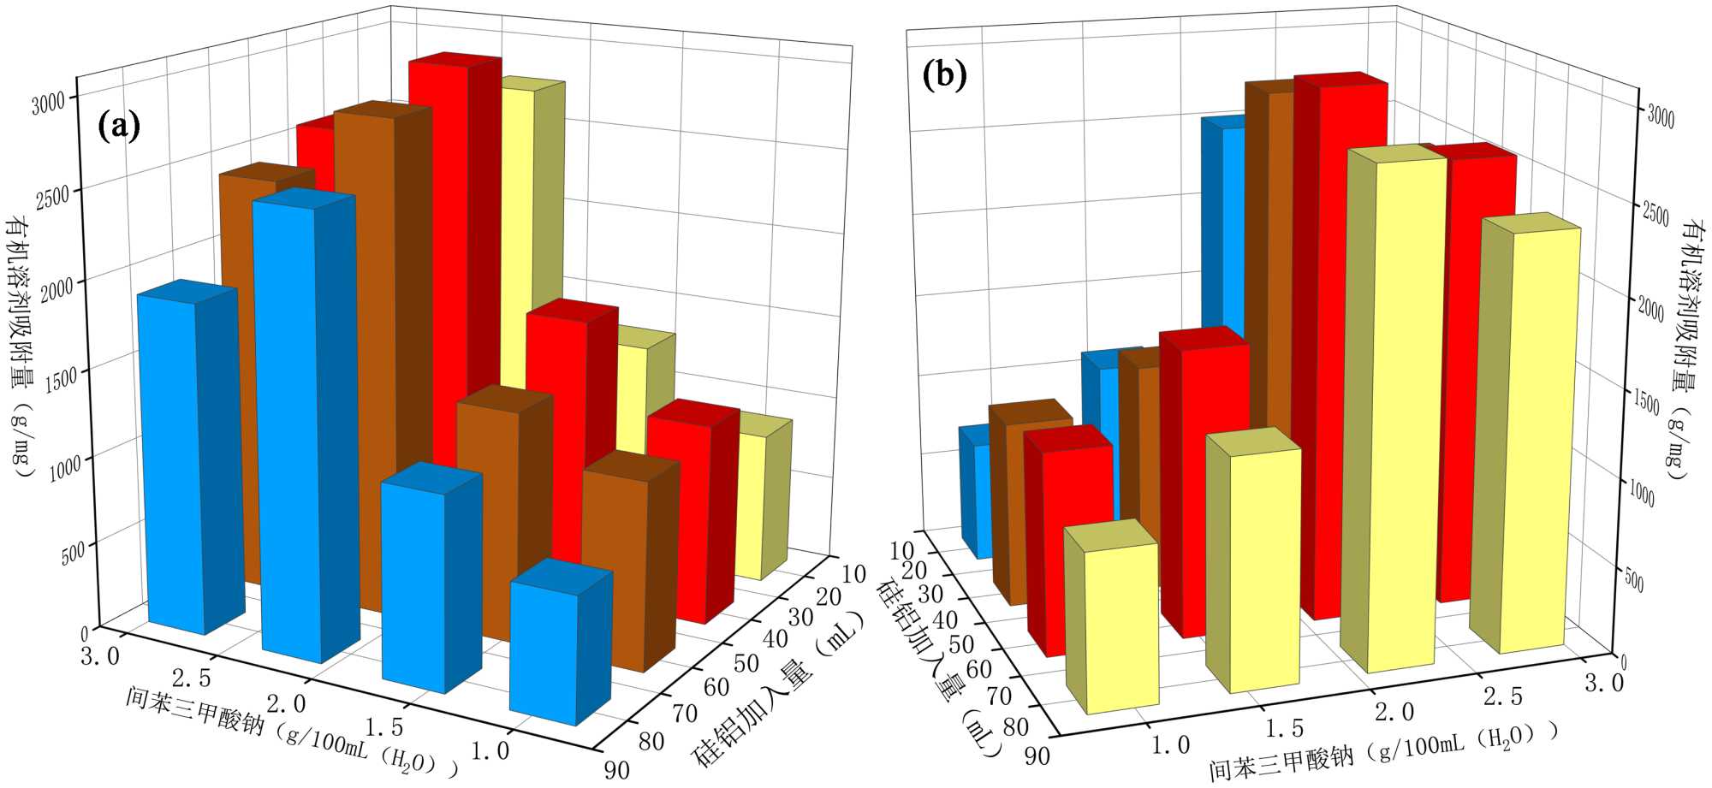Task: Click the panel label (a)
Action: coord(119,127)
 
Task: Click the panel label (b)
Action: coord(944,75)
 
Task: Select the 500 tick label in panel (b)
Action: coord(1634,581)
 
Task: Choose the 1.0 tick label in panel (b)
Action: coord(1170,745)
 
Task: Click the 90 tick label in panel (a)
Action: coord(616,769)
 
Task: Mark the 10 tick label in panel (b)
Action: coord(901,549)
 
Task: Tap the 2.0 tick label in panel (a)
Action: coord(286,703)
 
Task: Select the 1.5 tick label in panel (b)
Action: coord(1284,729)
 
